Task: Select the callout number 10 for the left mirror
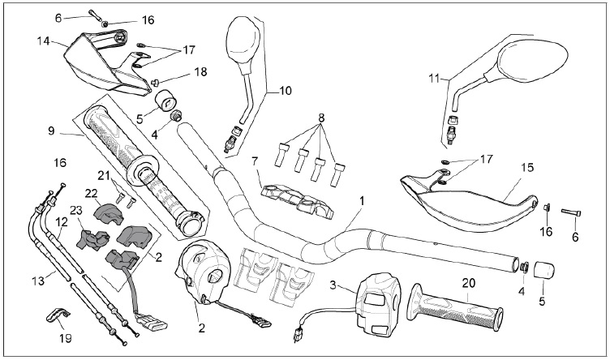tap(286, 91)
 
